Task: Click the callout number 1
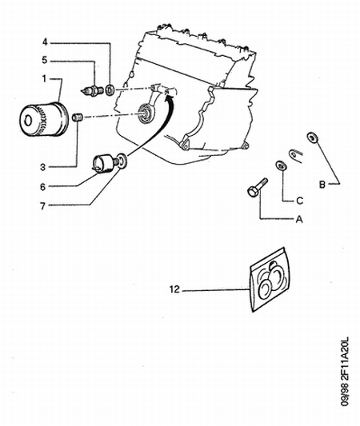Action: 44,79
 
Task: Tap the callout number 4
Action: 45,42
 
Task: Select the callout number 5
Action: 45,60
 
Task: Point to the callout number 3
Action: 43,167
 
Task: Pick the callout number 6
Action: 42,187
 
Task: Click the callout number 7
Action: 42,206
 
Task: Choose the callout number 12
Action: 174,289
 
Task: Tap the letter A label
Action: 299,219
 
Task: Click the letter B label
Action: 322,185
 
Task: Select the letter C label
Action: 299,201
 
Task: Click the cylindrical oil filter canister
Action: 43,119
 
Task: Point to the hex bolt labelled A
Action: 258,188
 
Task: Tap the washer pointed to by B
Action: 313,137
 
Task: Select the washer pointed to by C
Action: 281,165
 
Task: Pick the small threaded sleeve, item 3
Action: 77,117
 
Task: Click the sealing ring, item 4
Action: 110,90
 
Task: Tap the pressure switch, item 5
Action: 93,90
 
